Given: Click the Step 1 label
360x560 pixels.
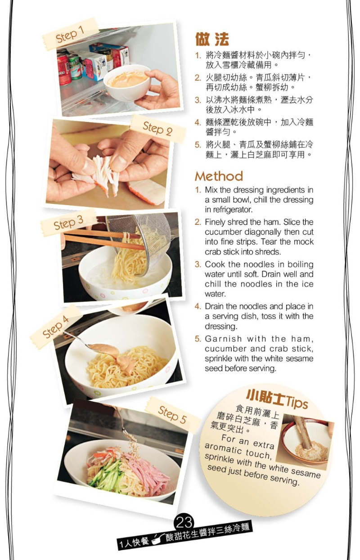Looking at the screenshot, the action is click(x=70, y=35).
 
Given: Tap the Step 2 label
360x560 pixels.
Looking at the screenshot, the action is click(x=157, y=129).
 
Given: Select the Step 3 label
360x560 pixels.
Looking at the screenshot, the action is click(x=68, y=222).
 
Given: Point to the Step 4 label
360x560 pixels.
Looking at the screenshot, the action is click(x=55, y=327).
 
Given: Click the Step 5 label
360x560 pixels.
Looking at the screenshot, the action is click(x=172, y=415).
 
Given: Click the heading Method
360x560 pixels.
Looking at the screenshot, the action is click(x=219, y=176).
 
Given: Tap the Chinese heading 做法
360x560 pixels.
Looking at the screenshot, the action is click(x=212, y=39).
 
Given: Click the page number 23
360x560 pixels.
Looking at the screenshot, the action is click(x=184, y=523).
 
